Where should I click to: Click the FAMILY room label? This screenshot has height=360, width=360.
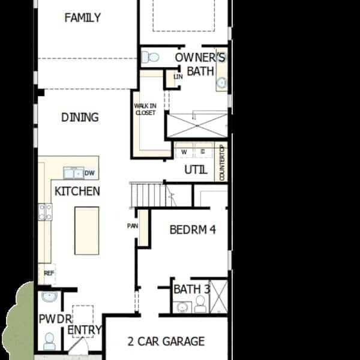pyautogui.click(x=82, y=17)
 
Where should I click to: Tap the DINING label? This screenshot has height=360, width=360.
pyautogui.click(x=80, y=118)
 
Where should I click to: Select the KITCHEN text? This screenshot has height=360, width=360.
pyautogui.click(x=77, y=191)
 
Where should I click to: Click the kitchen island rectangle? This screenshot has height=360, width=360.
pyautogui.click(x=87, y=231)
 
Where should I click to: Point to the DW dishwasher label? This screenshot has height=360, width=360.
pyautogui.click(x=89, y=173)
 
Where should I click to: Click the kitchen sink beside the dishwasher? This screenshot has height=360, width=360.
pyautogui.click(x=73, y=173)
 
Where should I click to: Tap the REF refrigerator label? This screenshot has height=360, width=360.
pyautogui.click(x=49, y=273)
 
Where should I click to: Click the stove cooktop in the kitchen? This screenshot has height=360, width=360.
pyautogui.click(x=45, y=212)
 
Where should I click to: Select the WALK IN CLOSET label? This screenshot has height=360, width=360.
pyautogui.click(x=145, y=109)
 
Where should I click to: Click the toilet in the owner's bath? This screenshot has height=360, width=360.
pyautogui.click(x=150, y=57)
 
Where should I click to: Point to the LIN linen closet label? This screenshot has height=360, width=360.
pyautogui.click(x=178, y=77)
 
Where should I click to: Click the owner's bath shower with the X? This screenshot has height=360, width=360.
pyautogui.click(x=197, y=126)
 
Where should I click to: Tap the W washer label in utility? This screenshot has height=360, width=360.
pyautogui.click(x=184, y=152)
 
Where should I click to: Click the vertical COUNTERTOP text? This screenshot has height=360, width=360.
pyautogui.click(x=222, y=163)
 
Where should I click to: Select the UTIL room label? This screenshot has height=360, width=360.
pyautogui.click(x=196, y=170)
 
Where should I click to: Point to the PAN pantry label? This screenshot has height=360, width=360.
pyautogui.click(x=133, y=226)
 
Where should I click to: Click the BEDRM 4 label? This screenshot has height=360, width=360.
pyautogui.click(x=193, y=230)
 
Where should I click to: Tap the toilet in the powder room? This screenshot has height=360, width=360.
pyautogui.click(x=49, y=341)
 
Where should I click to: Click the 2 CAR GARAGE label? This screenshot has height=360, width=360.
pyautogui.click(x=166, y=341)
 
